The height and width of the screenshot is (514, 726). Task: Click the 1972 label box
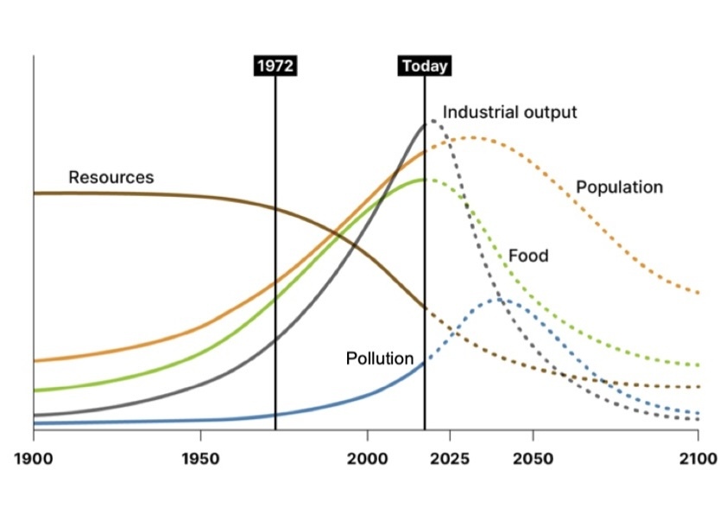click(x=275, y=66)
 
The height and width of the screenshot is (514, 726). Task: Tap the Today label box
click(x=425, y=66)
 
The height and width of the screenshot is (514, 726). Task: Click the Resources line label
click(x=110, y=178)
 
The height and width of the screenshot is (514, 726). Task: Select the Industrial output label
click(x=509, y=112)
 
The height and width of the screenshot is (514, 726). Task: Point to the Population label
click(x=619, y=187)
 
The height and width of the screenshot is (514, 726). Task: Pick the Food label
click(x=527, y=256)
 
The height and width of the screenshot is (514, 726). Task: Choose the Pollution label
click(x=380, y=359)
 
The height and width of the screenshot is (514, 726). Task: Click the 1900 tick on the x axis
click(x=34, y=457)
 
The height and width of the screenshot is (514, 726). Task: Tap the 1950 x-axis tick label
click(x=200, y=457)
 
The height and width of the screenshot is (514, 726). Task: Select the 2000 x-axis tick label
click(x=367, y=457)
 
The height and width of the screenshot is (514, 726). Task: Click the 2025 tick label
click(x=450, y=457)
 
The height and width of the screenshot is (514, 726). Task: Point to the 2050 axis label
click(x=533, y=457)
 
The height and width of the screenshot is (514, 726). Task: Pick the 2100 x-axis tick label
click(x=698, y=457)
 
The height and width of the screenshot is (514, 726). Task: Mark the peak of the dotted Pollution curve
click(x=500, y=300)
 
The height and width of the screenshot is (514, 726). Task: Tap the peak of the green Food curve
click(x=422, y=180)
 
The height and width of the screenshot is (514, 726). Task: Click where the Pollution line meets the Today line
click(x=425, y=363)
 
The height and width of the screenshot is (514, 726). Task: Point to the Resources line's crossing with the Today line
click(x=425, y=308)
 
